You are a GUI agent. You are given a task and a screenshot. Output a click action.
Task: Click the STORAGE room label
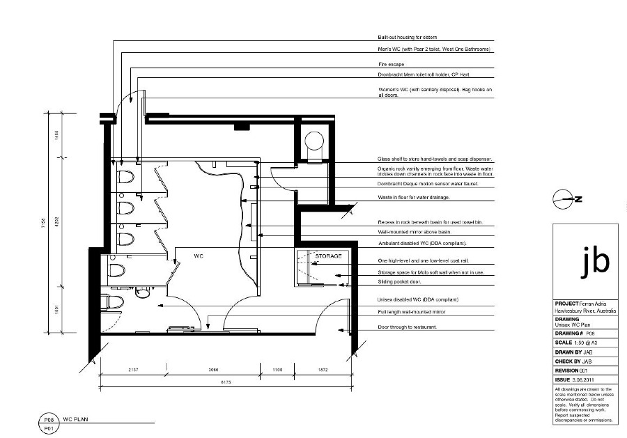click(328, 256)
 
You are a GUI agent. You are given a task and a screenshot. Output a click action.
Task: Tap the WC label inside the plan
click(198, 256)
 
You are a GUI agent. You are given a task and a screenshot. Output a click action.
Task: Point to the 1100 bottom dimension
click(277, 369)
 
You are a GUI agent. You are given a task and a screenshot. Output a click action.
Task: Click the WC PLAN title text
click(77, 421)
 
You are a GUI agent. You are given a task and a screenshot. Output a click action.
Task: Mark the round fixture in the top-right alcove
click(314, 140)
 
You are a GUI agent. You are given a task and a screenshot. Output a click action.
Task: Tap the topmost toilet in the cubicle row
click(125, 178)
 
